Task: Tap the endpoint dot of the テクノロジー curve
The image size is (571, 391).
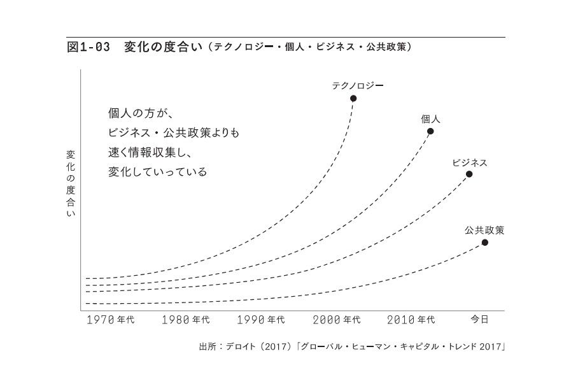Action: (x=353, y=98)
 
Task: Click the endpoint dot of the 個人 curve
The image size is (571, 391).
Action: (x=430, y=131)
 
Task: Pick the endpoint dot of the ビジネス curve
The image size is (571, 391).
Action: (x=469, y=174)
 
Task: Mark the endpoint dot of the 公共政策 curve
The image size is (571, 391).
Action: (x=485, y=242)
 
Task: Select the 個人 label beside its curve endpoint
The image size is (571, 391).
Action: (x=430, y=118)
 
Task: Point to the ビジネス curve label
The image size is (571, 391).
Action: (x=469, y=162)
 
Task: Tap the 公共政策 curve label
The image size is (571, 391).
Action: (x=484, y=230)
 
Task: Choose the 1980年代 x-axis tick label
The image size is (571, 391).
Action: (x=185, y=320)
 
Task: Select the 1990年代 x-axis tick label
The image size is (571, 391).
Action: (x=261, y=320)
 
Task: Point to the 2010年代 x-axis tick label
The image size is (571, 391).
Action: (x=412, y=320)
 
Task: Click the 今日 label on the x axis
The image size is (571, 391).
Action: (x=479, y=319)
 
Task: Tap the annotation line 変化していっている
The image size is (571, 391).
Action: (x=158, y=172)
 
